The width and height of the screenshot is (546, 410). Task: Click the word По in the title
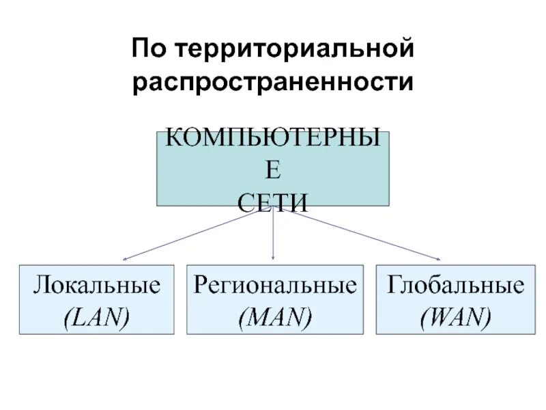149,50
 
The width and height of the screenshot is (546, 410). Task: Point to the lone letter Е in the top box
272,171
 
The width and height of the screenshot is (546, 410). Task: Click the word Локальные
96,286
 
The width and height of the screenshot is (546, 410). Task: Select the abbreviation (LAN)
96,316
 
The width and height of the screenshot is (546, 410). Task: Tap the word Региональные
274,286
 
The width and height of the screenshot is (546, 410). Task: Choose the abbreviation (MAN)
274,316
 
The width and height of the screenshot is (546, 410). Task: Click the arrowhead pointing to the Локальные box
125,259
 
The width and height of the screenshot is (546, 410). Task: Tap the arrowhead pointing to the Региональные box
273,257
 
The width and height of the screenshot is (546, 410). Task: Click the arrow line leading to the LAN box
191,234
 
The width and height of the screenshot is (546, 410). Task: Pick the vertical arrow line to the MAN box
273,232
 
